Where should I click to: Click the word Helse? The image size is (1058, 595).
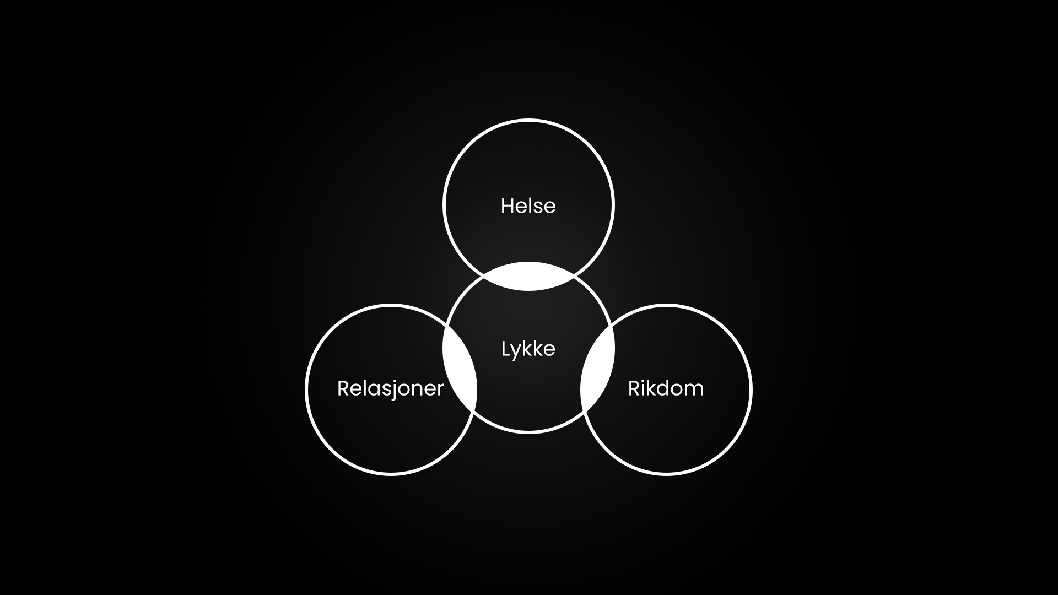[528, 206]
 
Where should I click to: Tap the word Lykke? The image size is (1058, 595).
[528, 349]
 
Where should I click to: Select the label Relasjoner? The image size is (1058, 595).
[390, 388]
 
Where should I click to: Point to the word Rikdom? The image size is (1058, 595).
[666, 388]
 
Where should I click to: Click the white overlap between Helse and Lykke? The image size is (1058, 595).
[528, 276]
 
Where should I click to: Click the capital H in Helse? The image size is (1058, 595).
[507, 206]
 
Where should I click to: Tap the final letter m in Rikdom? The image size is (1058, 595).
[695, 390]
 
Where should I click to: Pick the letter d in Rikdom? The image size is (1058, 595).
[665, 388]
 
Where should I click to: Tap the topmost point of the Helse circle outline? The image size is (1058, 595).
[528, 120]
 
